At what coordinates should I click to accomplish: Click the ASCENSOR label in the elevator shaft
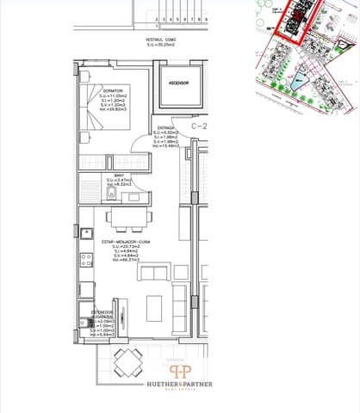coord(178,83)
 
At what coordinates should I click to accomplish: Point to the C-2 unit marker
coord(199,126)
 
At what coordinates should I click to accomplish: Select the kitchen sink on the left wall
coord(86,233)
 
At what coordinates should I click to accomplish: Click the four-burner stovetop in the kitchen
coord(86,259)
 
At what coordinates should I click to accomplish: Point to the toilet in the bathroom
coord(133,197)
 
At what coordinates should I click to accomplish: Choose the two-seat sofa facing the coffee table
coord(155,274)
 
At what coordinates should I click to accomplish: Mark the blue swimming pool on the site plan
coord(299,83)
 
